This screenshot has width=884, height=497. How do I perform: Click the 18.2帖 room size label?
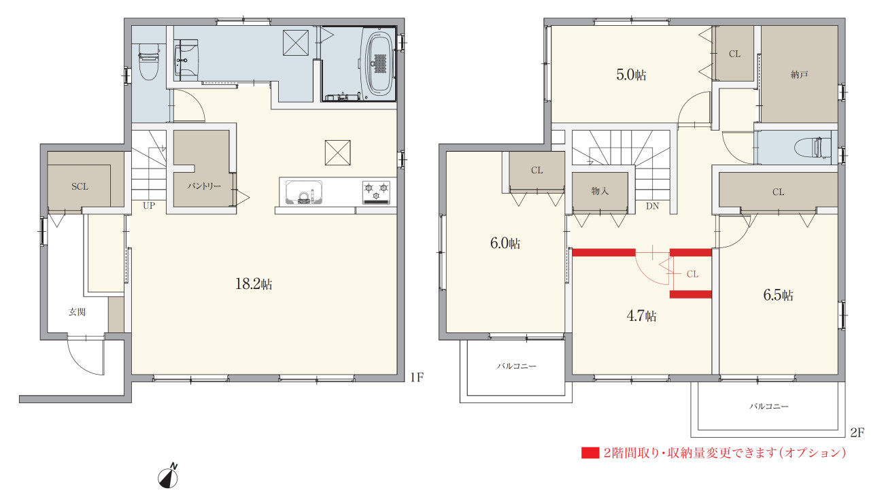pos(254,284)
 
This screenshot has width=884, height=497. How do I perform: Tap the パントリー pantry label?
pos(204,186)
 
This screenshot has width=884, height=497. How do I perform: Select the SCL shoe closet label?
pos(80,186)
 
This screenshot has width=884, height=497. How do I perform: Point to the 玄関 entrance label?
pos(77,312)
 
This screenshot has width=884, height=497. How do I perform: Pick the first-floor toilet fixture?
pos(149,62)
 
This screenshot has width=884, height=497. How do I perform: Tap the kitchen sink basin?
pos(303,192)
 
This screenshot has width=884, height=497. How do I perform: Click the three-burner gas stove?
pos(376,192)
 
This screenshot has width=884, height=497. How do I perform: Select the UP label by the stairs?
pos(149,205)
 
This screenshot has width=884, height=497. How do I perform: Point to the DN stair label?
pos(652,206)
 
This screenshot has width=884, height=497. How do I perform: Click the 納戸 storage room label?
pos(799,74)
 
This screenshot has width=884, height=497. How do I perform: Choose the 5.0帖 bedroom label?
pos(631,75)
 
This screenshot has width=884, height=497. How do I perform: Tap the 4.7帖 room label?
pos(641,315)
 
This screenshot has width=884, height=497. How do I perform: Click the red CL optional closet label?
pos(693,274)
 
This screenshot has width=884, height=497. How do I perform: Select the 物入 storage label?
pos(600,191)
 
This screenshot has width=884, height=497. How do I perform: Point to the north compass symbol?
pos(168,477)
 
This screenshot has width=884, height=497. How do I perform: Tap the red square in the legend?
pos(590,453)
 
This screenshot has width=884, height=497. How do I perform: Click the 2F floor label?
pos(857,433)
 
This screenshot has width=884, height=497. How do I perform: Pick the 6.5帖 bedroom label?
pos(778,295)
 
